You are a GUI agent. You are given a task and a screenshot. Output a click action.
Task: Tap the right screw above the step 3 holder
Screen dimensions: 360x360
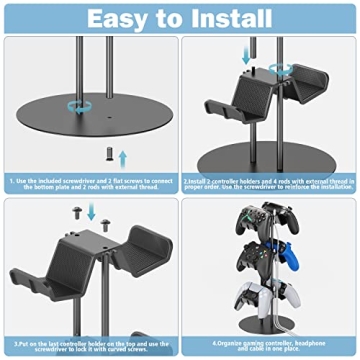108,210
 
